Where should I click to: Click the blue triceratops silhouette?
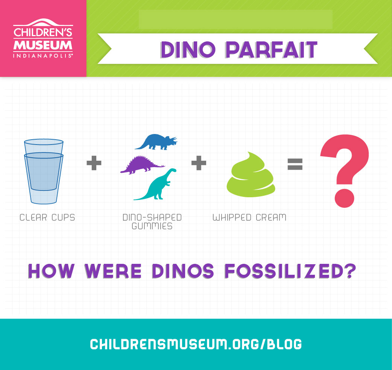[x=155, y=143]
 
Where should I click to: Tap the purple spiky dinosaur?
[x=141, y=166]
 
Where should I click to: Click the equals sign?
[x=295, y=164]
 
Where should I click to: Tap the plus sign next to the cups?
[x=94, y=163]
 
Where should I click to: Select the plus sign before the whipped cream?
[x=199, y=163]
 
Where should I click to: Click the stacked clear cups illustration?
[x=44, y=171]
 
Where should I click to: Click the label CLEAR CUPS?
[x=47, y=218]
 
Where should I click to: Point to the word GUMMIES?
[x=152, y=226]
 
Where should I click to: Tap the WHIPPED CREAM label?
[x=249, y=218]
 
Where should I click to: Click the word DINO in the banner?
[x=188, y=50]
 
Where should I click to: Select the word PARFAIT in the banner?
[x=271, y=50]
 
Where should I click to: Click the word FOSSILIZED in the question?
[x=290, y=271]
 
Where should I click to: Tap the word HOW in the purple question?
[x=51, y=271]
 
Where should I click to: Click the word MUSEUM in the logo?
[x=43, y=45]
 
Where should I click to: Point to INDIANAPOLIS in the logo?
[x=43, y=56]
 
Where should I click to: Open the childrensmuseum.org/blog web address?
[x=196, y=344]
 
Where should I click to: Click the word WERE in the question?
[x=113, y=271]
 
